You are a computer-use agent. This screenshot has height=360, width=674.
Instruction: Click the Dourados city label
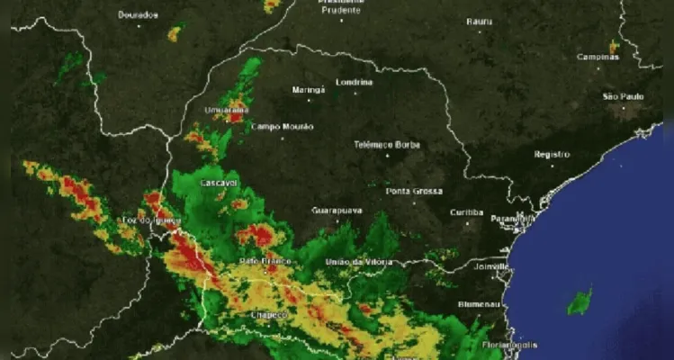point(138,14)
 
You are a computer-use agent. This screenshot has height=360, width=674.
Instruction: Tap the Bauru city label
point(481,21)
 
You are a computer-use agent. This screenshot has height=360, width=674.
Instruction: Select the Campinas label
point(598,56)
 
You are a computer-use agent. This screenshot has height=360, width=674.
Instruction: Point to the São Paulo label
point(623,95)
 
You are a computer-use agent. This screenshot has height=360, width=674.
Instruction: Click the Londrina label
point(353,82)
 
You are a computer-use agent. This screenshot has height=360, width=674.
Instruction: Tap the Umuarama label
point(226,110)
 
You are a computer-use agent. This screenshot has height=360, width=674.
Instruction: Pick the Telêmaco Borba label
point(387,144)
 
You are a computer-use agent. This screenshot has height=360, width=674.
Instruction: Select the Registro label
point(552,154)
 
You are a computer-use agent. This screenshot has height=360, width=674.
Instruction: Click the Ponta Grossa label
point(414,191)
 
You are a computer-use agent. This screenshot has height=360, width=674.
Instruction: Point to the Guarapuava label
point(337,210)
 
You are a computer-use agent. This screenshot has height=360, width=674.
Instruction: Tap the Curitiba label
point(467,212)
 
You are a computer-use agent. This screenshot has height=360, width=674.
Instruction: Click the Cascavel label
point(219,183)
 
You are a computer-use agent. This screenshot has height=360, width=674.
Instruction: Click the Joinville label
point(488,266)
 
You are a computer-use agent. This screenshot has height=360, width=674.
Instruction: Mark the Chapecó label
point(268,315)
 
